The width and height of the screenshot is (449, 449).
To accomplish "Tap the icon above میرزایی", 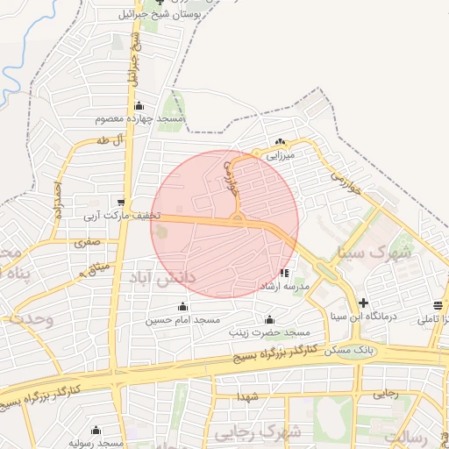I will pos(280,142).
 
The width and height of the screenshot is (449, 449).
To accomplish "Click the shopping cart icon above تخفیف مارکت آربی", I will pos(121,203).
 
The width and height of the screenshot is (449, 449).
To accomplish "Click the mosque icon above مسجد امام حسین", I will pos(182,307).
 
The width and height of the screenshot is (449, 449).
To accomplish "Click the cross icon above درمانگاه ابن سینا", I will pos(363,303).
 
